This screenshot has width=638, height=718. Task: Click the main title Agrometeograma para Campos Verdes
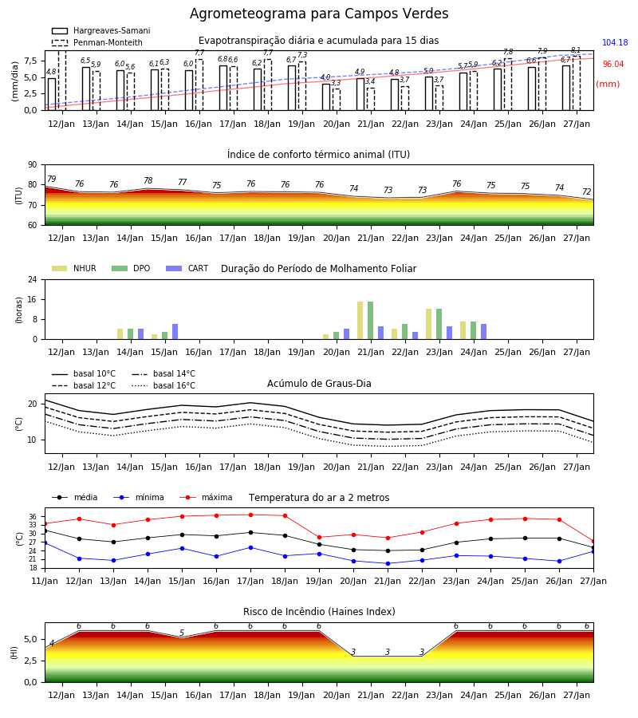click(x=319, y=14)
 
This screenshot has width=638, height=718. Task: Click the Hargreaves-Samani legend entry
click(x=100, y=30)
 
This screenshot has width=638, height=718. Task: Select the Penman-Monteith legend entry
click(x=97, y=42)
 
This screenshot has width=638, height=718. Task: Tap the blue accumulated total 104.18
click(x=615, y=42)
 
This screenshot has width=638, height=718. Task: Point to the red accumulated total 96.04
click(x=612, y=64)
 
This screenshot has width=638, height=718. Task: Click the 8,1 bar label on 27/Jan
click(x=575, y=50)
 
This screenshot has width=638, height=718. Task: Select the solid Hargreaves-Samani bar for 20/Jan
click(x=326, y=97)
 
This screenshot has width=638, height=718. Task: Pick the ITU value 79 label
click(x=51, y=179)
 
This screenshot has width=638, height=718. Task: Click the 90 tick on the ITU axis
click(x=33, y=165)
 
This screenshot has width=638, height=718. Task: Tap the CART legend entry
click(x=187, y=268)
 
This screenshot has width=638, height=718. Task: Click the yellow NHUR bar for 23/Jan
click(x=428, y=324)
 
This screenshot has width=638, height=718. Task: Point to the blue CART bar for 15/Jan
click(x=175, y=332)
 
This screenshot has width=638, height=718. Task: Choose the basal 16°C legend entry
click(x=163, y=385)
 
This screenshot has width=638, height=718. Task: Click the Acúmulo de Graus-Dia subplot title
click(x=319, y=383)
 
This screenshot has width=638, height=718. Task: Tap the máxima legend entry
click(x=207, y=497)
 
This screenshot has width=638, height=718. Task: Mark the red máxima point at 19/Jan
click(x=319, y=538)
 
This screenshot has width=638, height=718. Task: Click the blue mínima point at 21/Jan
click(x=388, y=564)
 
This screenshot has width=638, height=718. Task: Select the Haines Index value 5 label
click(x=182, y=633)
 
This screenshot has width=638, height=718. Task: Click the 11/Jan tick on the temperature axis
click(x=45, y=581)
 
